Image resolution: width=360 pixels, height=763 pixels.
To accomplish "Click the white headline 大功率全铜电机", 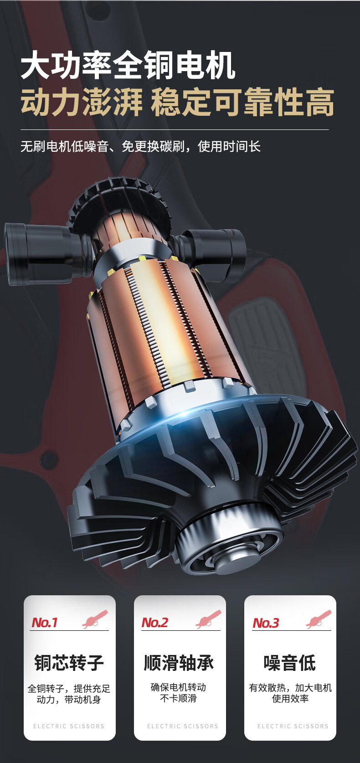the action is pos(128,65).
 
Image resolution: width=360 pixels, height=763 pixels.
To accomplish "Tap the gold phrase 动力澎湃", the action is pos(82,102).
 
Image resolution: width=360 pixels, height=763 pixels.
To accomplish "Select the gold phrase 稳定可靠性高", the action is pos(242,102).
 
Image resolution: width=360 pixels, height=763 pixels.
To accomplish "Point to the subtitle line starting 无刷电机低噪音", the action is pos(140,146).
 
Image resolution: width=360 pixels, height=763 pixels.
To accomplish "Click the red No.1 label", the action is pos(44,623).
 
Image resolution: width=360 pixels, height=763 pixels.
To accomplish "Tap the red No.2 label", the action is pos(154,623).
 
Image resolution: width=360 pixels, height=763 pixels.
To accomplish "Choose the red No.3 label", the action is pos(266,623).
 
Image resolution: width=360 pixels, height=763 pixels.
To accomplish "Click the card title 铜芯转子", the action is pos(69,663).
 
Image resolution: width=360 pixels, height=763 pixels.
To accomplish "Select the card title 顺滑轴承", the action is pos(179,663).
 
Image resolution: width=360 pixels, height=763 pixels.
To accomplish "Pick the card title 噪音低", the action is pos(290,663).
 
